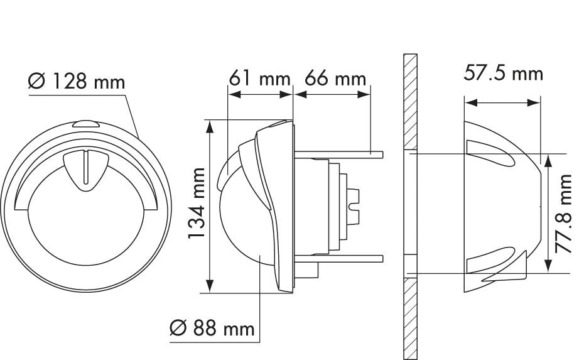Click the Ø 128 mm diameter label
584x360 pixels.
click(77, 82)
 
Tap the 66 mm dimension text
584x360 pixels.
click(335, 79)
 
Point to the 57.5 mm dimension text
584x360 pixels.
click(502, 73)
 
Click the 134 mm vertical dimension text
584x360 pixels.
click(198, 204)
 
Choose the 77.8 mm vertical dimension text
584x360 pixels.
click(566, 214)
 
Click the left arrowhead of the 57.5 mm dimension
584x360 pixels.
click(468, 102)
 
